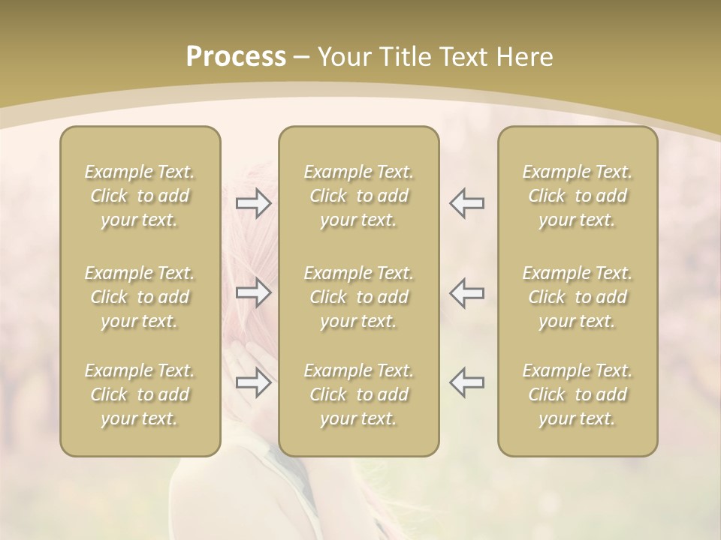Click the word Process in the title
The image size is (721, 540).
click(236, 57)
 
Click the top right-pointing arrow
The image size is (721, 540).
click(254, 202)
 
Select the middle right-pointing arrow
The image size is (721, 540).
click(254, 292)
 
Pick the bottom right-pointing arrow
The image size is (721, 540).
click(254, 382)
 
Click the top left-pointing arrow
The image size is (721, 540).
click(466, 202)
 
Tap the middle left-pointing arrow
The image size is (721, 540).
click(466, 292)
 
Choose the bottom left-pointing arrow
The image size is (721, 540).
click(466, 382)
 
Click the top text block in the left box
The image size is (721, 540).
click(140, 196)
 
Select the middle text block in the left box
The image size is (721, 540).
click(140, 297)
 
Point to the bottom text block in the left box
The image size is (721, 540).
click(140, 394)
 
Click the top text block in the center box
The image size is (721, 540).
click(358, 196)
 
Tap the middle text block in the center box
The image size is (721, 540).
click(358, 297)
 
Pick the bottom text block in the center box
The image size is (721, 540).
click(358, 394)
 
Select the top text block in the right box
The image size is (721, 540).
click(577, 196)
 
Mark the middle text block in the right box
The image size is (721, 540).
click(577, 297)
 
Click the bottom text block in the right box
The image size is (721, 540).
click(577, 394)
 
